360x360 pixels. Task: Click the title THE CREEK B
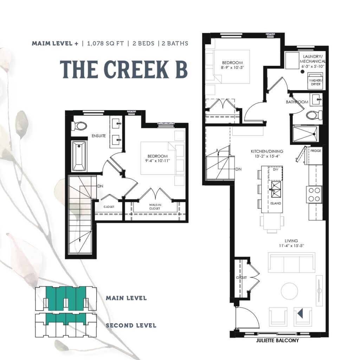click(124, 69)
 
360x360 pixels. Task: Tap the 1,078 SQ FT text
click(105, 43)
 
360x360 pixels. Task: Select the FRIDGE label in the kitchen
click(316, 151)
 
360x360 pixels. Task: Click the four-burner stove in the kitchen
click(314, 194)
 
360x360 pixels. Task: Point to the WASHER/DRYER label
click(316, 82)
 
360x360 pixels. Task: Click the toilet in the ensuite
click(79, 126)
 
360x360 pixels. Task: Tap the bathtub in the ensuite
click(79, 156)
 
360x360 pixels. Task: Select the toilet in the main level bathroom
click(314, 115)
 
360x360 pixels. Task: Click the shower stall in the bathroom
click(306, 134)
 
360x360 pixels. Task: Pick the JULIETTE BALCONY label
click(277, 340)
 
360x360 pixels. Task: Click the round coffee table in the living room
click(289, 291)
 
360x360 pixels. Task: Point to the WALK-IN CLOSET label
click(155, 207)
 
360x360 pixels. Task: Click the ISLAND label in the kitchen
click(276, 203)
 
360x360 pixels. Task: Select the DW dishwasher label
click(276, 169)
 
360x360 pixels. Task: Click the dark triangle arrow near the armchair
click(300, 313)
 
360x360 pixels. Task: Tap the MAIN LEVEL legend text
click(126, 298)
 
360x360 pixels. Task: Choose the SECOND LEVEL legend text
click(131, 326)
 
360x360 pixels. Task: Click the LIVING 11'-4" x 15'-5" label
click(291, 243)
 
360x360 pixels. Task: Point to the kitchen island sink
click(276, 189)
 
